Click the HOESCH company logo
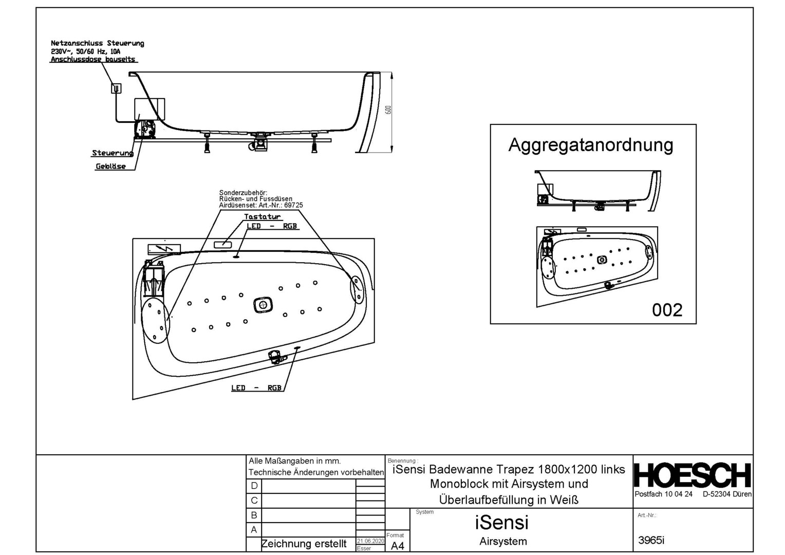tap(692, 475)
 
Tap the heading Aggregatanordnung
tap(590, 145)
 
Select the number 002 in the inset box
tap(667, 310)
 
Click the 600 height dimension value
tap(388, 110)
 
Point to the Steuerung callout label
tap(112, 153)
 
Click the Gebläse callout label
tap(110, 166)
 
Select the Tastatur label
tap(262, 217)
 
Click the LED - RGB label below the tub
tap(256, 388)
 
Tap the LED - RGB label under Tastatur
tap(271, 226)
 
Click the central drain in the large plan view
tap(263, 305)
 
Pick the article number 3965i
tap(651, 540)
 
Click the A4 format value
tap(397, 546)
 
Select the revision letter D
tap(254, 486)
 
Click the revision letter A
tap(254, 530)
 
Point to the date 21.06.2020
tap(370, 541)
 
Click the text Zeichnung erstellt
tap(304, 544)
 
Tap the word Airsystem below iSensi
tap(503, 541)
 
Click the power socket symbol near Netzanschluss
tap(117, 88)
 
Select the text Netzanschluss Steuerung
tap(98, 44)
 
